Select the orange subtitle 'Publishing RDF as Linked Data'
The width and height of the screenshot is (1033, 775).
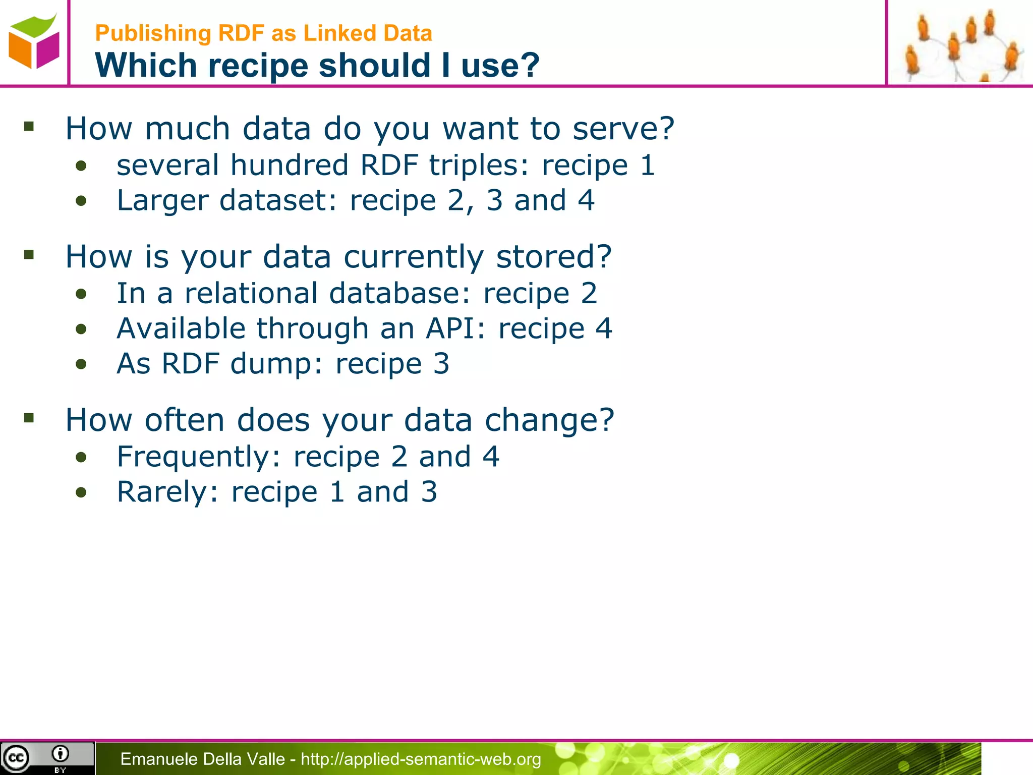point(263,33)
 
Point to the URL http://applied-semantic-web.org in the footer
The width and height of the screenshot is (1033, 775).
point(421,759)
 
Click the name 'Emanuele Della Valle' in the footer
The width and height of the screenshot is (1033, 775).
point(202,759)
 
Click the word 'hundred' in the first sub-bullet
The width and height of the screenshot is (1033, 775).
point(289,165)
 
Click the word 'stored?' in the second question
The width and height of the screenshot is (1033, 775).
point(554,256)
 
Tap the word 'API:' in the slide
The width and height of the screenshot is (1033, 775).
point(455,328)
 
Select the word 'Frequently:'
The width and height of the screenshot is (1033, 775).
point(198,457)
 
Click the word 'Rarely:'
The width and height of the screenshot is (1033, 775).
point(168,492)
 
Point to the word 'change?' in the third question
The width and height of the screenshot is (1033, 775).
point(549,420)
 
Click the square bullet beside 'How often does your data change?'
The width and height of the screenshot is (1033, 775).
point(29,418)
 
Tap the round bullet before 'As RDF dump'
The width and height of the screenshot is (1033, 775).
point(81,364)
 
